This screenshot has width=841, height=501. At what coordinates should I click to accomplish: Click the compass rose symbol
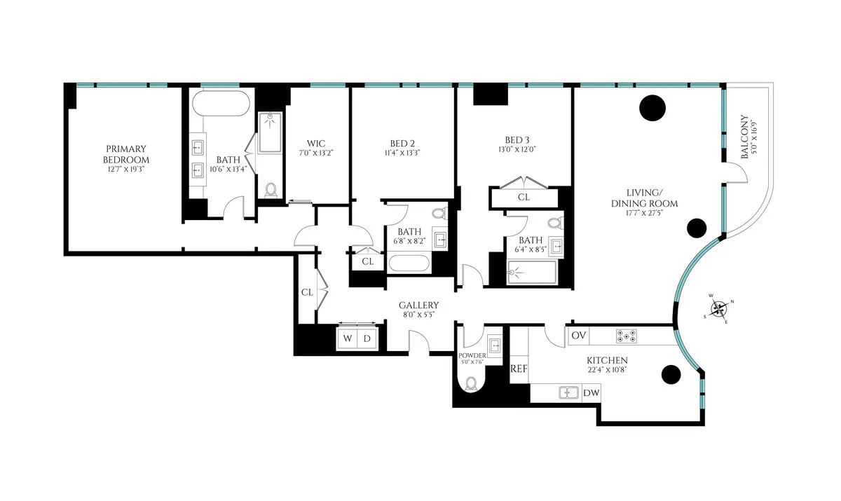719,310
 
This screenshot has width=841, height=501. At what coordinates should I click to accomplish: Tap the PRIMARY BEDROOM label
126,153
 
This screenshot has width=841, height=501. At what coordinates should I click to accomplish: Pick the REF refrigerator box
519,369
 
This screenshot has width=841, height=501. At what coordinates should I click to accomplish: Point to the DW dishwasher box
592,393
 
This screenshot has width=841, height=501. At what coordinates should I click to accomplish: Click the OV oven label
578,336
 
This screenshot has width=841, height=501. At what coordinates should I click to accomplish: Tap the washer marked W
348,338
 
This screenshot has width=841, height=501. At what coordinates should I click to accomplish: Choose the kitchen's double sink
568,392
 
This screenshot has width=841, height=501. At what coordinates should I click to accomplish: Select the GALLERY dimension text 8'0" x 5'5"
419,315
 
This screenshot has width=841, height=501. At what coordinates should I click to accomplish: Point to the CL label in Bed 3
524,198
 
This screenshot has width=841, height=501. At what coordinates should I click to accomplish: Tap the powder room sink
495,345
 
